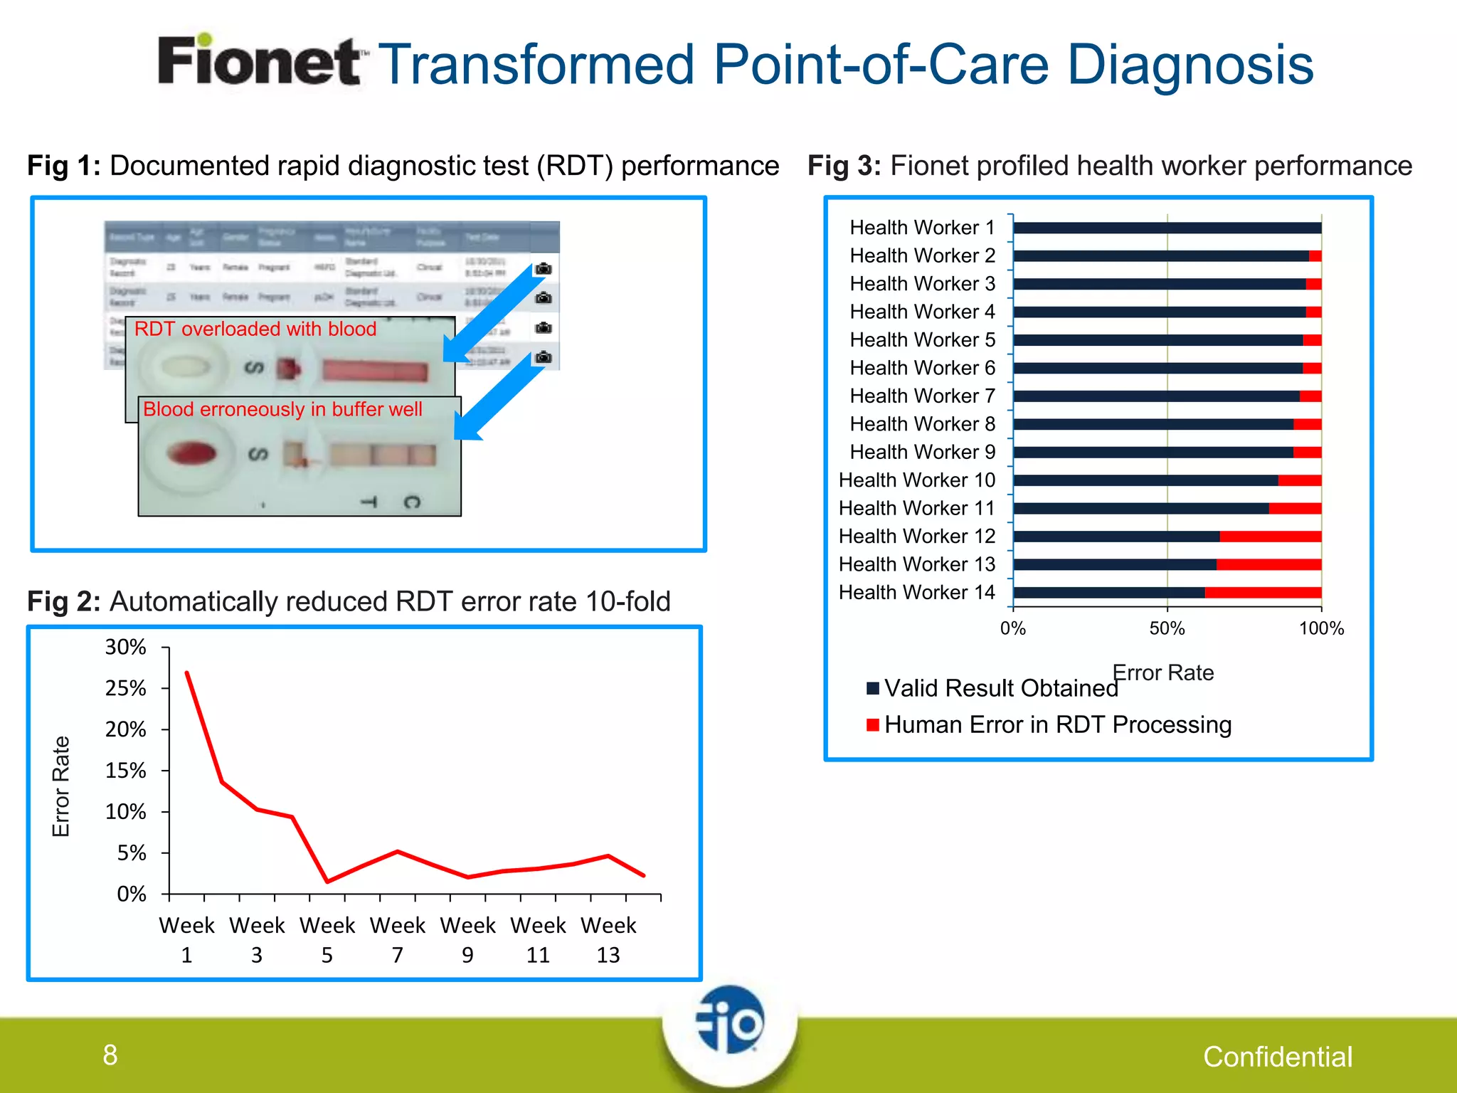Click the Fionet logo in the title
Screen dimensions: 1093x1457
tap(260, 62)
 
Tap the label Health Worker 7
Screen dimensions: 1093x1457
tap(922, 396)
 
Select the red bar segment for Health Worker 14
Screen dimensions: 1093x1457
tap(1263, 592)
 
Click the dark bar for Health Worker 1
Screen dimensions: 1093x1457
tap(1167, 228)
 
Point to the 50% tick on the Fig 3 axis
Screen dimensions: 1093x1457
tap(1167, 628)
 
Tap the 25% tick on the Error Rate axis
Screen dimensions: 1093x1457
tap(126, 688)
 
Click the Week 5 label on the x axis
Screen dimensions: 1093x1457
tap(327, 939)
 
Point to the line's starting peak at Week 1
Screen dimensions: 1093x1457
tap(187, 672)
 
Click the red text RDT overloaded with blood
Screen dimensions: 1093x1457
tap(255, 329)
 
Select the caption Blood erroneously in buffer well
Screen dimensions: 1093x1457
tap(282, 409)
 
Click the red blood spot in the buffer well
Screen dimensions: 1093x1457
tap(191, 453)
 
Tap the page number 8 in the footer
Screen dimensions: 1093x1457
tap(110, 1055)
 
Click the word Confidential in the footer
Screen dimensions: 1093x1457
tap(1277, 1057)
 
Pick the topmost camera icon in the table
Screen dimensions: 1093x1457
tap(544, 268)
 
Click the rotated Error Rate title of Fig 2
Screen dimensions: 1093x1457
tap(61, 786)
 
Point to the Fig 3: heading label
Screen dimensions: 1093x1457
tap(844, 166)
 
